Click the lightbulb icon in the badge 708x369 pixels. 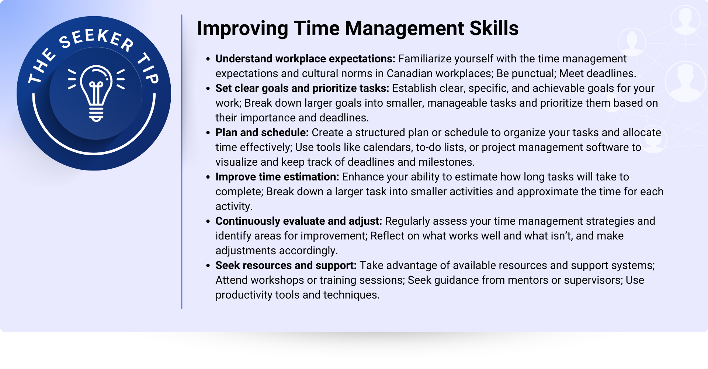pyautogui.click(x=96, y=93)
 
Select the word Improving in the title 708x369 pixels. pyautogui.click(x=243, y=29)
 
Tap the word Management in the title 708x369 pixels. pyautogui.click(x=405, y=29)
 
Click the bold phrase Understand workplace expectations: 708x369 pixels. pyautogui.click(x=305, y=59)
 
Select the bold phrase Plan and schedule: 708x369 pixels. pyautogui.click(x=262, y=132)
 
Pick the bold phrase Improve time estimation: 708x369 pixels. pyautogui.click(x=277, y=177)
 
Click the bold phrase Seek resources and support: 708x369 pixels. pyautogui.click(x=286, y=265)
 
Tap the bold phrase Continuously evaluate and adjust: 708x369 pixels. pyautogui.click(x=299, y=221)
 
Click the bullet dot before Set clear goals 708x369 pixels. pyautogui.click(x=208, y=89)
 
